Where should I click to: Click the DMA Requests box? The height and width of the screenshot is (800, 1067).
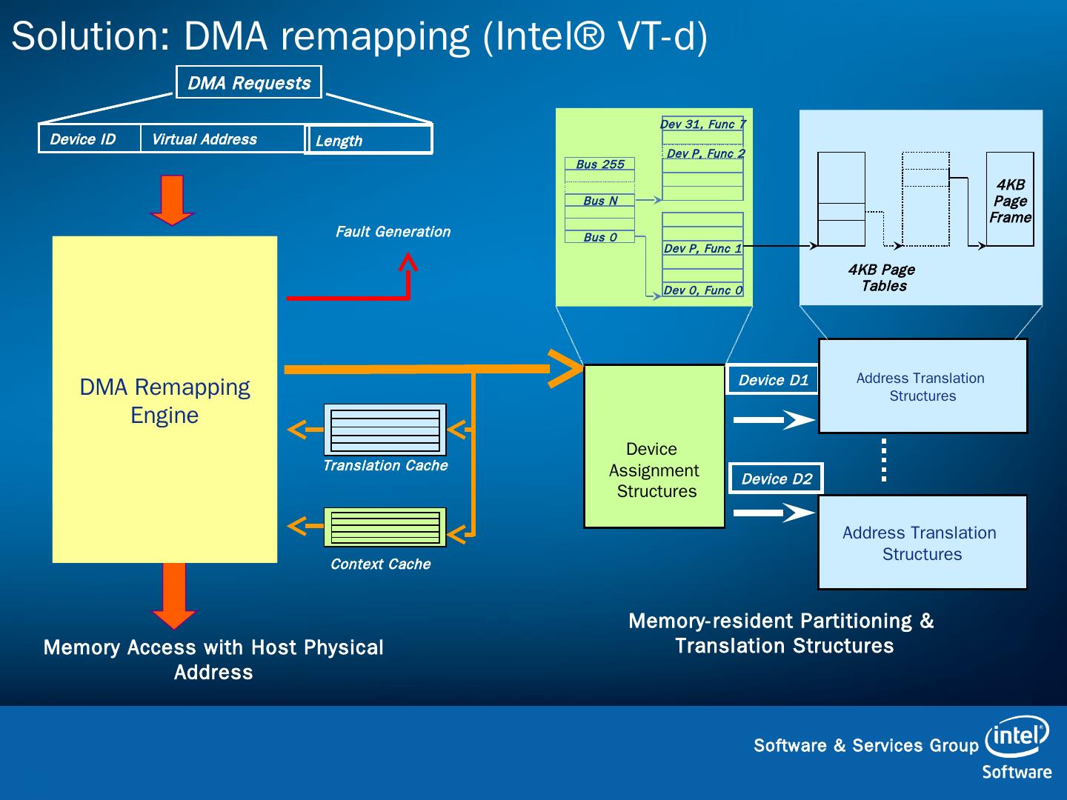pyautogui.click(x=249, y=82)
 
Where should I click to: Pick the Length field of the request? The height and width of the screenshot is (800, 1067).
pyautogui.click(x=369, y=140)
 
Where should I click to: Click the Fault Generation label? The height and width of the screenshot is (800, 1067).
pyautogui.click(x=393, y=232)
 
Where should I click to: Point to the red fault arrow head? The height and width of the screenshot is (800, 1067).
pyautogui.click(x=408, y=262)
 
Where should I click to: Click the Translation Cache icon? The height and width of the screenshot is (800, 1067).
pyautogui.click(x=385, y=430)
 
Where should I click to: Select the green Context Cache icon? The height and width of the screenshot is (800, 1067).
pyautogui.click(x=385, y=527)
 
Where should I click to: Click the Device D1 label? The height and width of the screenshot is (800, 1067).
pyautogui.click(x=773, y=380)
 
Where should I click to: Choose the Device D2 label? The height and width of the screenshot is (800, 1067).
pyautogui.click(x=777, y=479)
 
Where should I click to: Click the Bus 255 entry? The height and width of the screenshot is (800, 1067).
pyautogui.click(x=600, y=164)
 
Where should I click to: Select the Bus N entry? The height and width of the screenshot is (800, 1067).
pyautogui.click(x=600, y=201)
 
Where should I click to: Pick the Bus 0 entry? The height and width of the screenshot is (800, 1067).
pyautogui.click(x=600, y=237)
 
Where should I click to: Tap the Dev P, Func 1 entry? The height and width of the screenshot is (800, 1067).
pyautogui.click(x=702, y=249)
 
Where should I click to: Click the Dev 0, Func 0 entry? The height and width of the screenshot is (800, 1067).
pyautogui.click(x=702, y=290)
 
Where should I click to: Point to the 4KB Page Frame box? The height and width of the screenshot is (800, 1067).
pyautogui.click(x=1010, y=199)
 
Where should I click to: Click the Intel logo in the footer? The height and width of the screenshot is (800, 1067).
pyautogui.click(x=1017, y=736)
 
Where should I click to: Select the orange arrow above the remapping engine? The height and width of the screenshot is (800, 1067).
pyautogui.click(x=172, y=199)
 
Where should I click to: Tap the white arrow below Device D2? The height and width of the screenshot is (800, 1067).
pyautogui.click(x=774, y=513)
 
